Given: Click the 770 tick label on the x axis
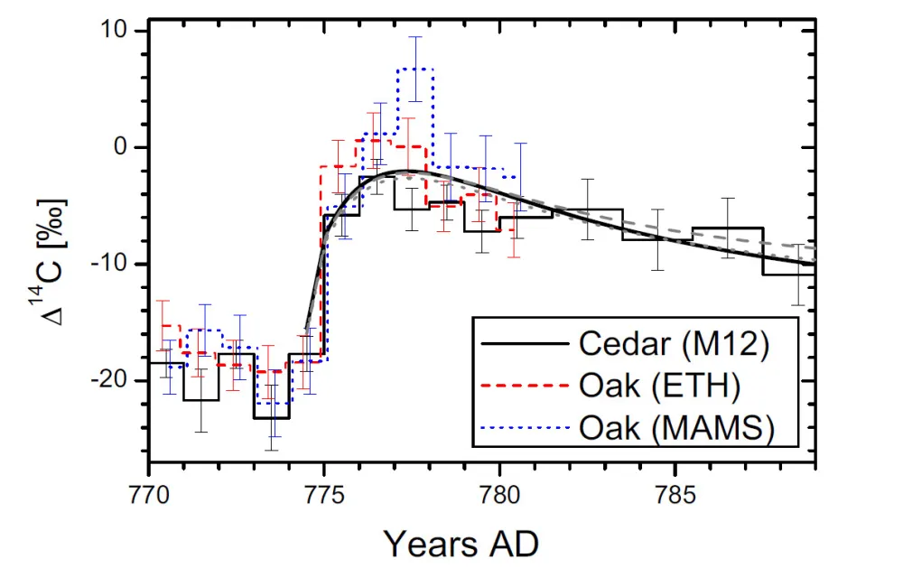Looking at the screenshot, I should click(x=148, y=493).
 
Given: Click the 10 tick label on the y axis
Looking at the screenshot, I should click(x=118, y=32).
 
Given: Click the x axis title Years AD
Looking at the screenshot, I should click(x=461, y=543).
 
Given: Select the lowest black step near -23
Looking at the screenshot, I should click(x=272, y=418).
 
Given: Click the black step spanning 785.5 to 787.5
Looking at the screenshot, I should click(x=728, y=228).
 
